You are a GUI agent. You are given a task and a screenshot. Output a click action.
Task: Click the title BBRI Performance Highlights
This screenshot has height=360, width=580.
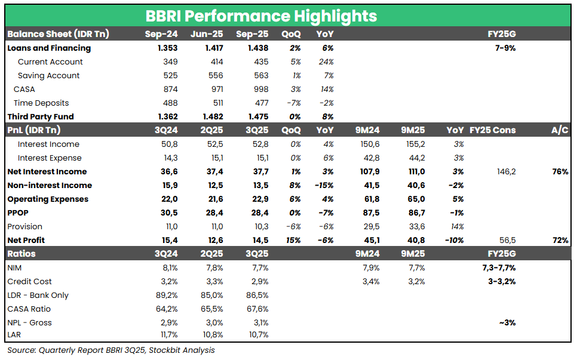262,16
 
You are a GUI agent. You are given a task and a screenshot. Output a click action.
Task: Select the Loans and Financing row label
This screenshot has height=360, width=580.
49,48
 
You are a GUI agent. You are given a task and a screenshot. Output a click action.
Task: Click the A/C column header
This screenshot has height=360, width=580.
559,130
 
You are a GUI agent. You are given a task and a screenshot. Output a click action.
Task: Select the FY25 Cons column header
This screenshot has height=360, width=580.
493,130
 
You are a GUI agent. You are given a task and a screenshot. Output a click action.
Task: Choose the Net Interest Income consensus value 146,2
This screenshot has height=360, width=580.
505,171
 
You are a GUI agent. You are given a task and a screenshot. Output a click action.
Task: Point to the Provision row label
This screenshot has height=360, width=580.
24,226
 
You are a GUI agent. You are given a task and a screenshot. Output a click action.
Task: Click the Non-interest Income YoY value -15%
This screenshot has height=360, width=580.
323,185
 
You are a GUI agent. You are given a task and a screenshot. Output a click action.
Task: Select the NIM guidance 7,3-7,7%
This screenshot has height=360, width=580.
499,267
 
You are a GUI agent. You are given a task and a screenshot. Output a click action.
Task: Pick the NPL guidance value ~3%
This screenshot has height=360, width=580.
506,322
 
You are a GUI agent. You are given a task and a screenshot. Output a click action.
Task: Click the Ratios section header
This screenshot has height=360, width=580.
22,254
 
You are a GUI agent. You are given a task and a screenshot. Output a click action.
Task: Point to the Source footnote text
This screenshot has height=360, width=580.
111,350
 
